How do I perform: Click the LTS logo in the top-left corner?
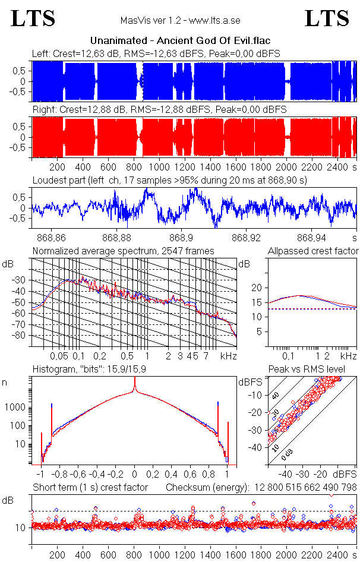[x=33, y=18]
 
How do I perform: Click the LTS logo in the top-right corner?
[x=327, y=18]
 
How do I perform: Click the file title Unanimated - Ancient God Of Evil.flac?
[x=180, y=41]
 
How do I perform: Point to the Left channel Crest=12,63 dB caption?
[x=156, y=54]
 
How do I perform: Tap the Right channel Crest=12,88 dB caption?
[x=159, y=110]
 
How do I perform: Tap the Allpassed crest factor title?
[x=313, y=251]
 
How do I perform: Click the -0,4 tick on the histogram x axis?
[x=97, y=475]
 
